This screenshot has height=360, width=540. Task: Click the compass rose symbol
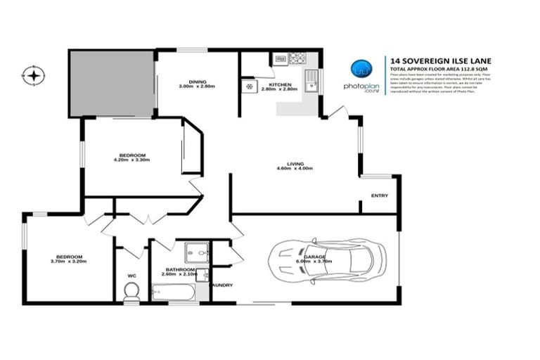(33, 74)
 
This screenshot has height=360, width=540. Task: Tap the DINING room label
(196, 81)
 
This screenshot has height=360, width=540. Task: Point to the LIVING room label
(295, 164)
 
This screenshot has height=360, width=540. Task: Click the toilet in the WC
(131, 292)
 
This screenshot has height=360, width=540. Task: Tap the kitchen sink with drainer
(311, 82)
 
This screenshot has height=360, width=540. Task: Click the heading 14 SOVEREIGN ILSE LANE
(428, 60)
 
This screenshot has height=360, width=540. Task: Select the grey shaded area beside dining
(111, 83)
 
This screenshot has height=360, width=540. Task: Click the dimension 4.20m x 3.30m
(132, 160)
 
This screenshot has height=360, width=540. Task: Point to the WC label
(131, 275)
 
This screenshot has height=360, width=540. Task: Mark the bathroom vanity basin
(201, 275)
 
